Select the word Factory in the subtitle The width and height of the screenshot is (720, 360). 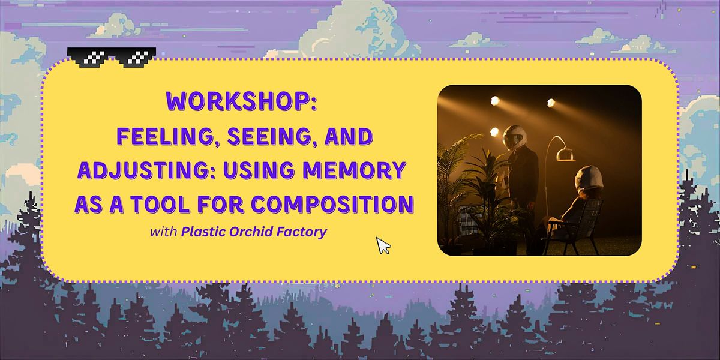click(303, 232)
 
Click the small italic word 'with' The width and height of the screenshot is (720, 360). click(164, 232)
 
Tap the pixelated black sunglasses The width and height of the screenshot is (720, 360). click(112, 57)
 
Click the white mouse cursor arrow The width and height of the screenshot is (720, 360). click(383, 245)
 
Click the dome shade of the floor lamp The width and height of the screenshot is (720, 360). click(566, 154)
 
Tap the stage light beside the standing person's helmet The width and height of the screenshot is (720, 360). click(495, 132)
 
